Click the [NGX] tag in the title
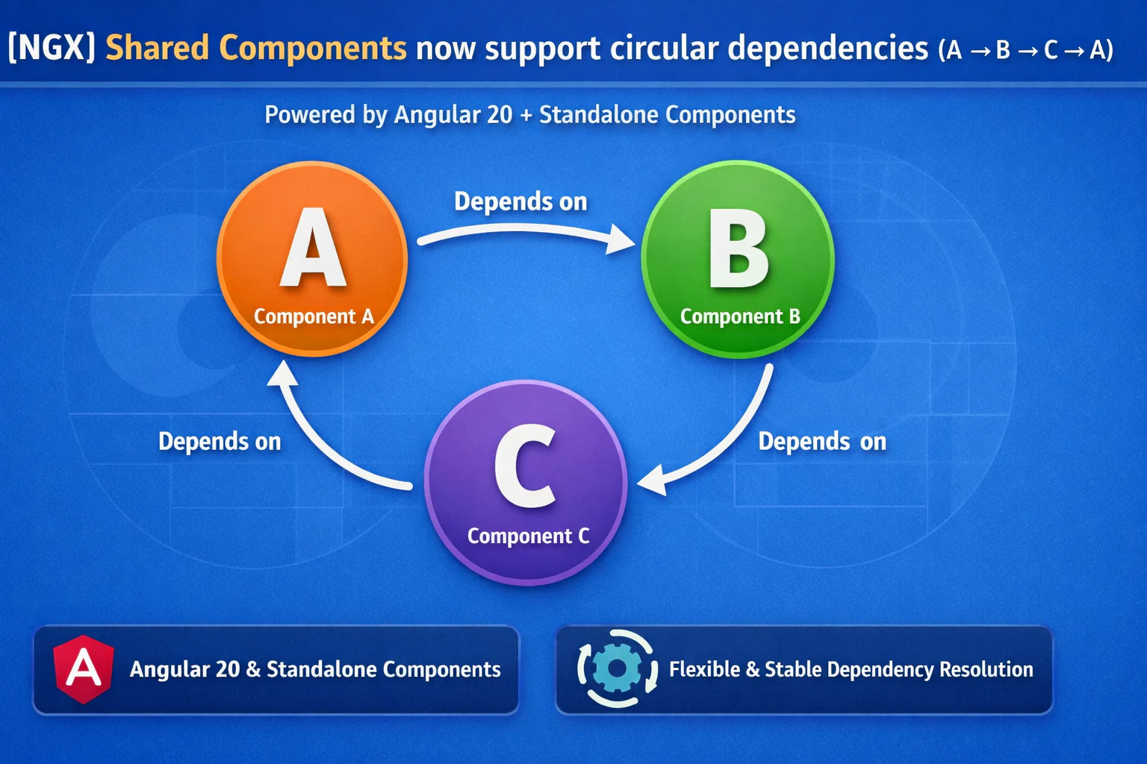point(52,48)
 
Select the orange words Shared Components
point(255,48)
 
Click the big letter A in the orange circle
point(313,249)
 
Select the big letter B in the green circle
point(738,249)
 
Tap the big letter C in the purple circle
point(526,467)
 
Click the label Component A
point(314,316)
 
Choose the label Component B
point(739,316)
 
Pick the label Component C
point(528,536)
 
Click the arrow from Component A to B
point(523,234)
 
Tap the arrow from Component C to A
point(321,440)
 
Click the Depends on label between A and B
point(520,201)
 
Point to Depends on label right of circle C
point(822,442)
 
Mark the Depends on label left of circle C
point(220,442)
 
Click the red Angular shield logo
point(84,668)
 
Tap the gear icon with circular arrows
point(617,668)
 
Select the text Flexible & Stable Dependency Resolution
point(851,669)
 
